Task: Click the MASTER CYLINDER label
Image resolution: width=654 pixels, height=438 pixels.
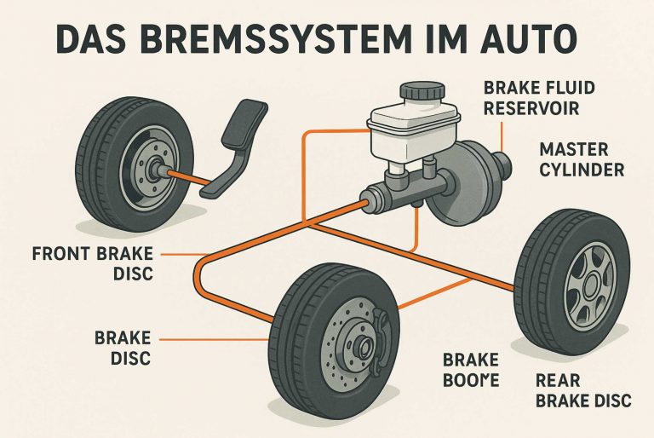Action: [582, 159]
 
